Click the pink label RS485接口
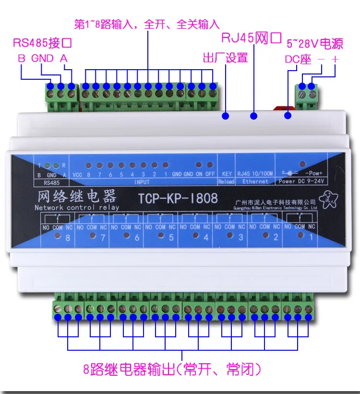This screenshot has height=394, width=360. pos(42,43)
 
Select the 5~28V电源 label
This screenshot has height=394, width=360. pos(314,44)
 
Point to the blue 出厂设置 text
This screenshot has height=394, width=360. pos(226,58)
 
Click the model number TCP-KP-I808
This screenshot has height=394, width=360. pos(178,198)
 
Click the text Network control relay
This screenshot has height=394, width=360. pos(76,208)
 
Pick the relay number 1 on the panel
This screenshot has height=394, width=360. pos(310,238)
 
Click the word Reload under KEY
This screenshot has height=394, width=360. pos(226,182)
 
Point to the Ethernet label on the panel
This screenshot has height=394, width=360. pos(255,182)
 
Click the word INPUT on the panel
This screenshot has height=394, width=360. pos(142,182)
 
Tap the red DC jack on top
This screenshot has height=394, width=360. pos(281,108)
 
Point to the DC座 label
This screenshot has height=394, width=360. pos(298,60)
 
